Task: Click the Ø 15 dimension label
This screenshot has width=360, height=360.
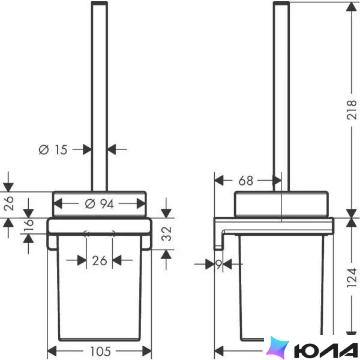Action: point(53,150)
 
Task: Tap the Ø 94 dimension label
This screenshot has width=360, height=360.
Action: point(99,204)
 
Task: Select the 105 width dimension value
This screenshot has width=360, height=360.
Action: point(100,351)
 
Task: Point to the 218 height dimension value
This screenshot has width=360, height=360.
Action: point(351,110)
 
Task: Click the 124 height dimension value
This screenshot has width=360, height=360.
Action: point(351,278)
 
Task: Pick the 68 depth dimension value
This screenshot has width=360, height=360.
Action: point(246,181)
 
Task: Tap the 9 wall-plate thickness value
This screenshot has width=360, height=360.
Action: point(219,264)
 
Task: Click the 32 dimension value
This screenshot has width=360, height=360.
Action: point(166,234)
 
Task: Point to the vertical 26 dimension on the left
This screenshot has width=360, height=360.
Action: point(9,204)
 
